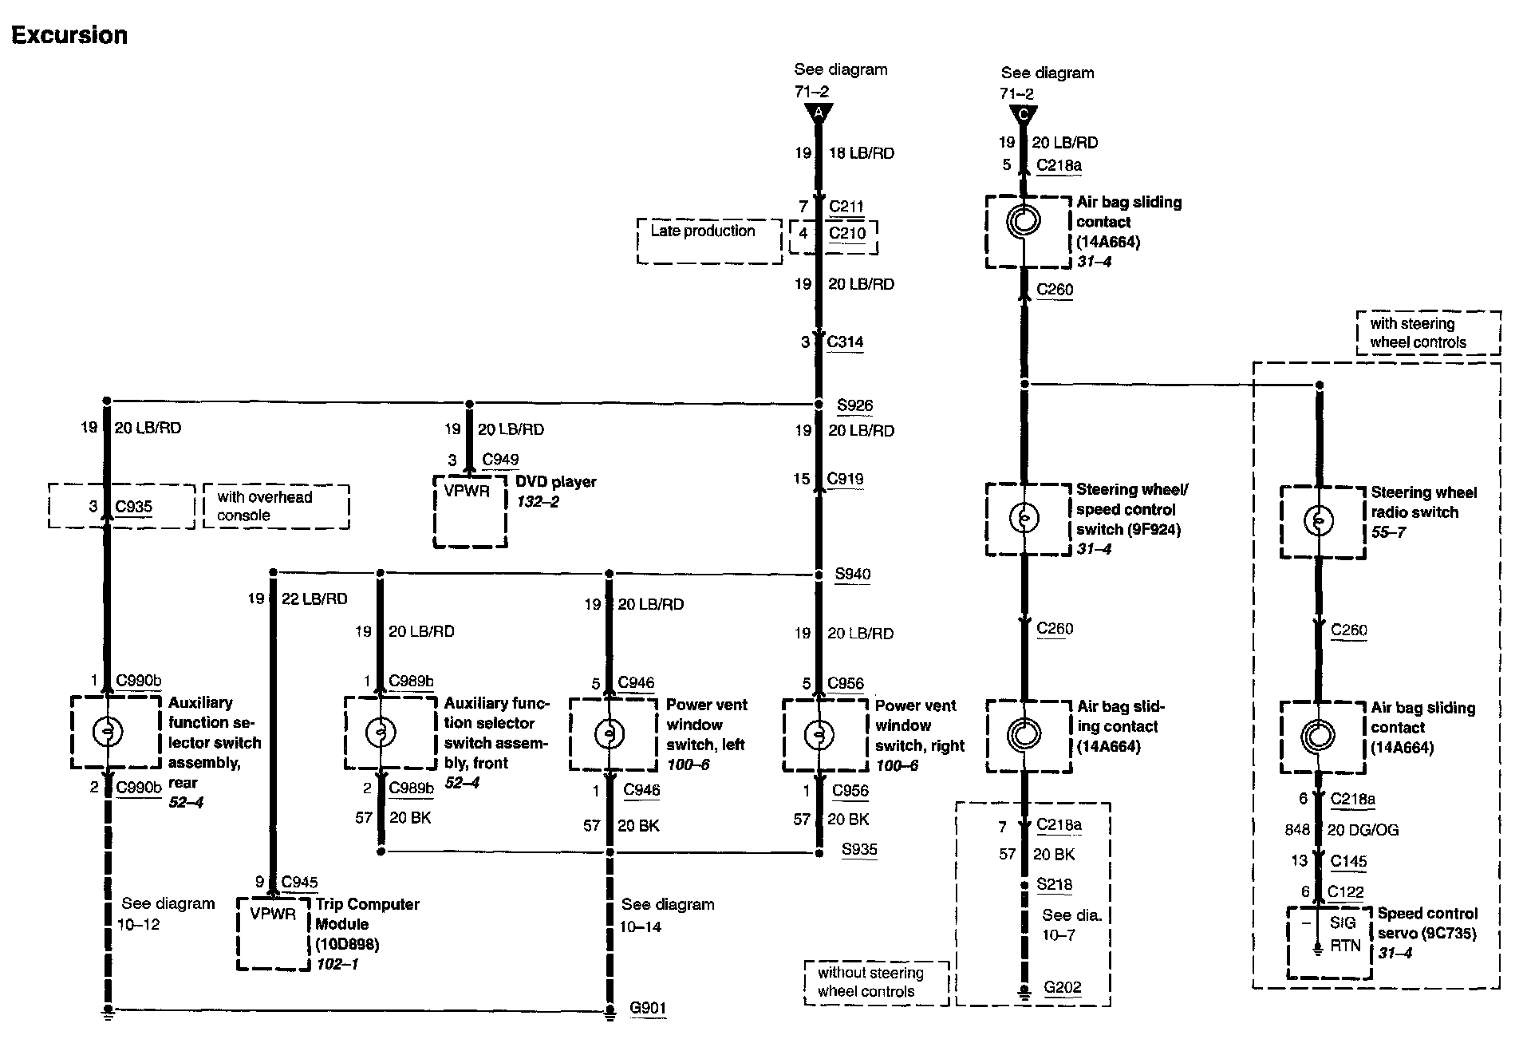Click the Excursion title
[69, 35]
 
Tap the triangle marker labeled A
[819, 113]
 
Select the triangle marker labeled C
[1024, 114]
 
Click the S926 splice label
[854, 405]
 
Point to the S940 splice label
[853, 574]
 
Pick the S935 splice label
[859, 850]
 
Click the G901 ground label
[647, 1008]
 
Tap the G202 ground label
[1062, 987]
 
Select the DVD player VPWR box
[470, 512]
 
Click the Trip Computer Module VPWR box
[274, 934]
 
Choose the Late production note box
[709, 241]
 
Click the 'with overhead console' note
[276, 506]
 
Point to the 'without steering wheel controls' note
[877, 983]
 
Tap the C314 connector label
[845, 342]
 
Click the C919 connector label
[845, 479]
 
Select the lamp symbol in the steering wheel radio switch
[1318, 522]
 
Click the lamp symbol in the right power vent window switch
[819, 735]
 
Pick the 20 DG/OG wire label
[1363, 830]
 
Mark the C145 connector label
[1348, 862]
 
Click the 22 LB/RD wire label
[314, 599]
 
